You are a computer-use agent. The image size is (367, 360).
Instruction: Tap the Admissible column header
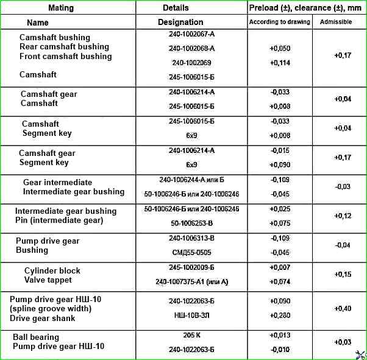[339, 22]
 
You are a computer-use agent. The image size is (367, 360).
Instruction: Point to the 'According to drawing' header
[280, 22]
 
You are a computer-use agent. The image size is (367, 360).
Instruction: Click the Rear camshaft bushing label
[64, 47]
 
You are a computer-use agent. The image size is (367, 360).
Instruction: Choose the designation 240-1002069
[191, 62]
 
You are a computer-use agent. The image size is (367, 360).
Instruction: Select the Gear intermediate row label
[57, 182]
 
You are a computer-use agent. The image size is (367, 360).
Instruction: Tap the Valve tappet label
[48, 280]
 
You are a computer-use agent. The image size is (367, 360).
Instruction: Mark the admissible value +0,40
[343, 309]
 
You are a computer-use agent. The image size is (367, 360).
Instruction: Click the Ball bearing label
[36, 337]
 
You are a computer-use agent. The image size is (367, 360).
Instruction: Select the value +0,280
[280, 316]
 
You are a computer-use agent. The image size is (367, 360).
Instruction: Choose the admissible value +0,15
[343, 275]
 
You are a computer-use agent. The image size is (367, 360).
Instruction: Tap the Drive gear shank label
[43, 318]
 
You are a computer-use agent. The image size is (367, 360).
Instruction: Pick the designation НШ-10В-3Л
[191, 316]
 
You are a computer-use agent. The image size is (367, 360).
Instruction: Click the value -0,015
[280, 150]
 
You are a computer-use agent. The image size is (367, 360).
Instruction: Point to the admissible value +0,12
[343, 216]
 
